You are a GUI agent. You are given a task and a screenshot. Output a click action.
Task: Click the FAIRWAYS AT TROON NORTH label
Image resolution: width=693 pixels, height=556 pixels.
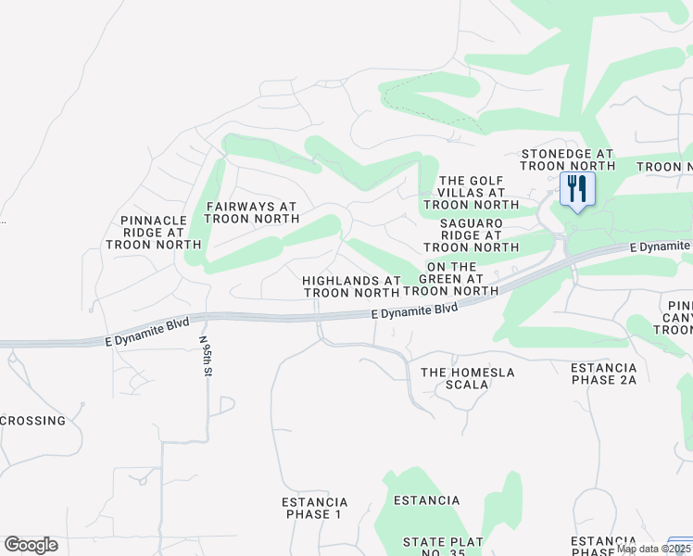click(251, 212)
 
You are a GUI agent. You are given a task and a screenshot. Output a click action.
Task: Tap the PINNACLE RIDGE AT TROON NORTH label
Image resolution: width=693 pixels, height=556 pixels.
click(154, 233)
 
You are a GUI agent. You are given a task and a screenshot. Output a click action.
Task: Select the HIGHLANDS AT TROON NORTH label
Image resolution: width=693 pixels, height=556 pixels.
click(352, 286)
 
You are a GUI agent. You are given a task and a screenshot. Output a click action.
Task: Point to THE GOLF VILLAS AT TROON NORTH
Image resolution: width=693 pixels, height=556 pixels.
click(471, 193)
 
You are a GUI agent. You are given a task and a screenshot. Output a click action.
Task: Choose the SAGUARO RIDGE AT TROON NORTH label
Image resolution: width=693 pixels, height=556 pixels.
click(471, 235)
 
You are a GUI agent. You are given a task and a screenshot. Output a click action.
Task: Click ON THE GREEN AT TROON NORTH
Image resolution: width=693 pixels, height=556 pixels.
click(452, 278)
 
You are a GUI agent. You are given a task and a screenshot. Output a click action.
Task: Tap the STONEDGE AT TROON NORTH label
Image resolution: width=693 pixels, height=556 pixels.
click(567, 159)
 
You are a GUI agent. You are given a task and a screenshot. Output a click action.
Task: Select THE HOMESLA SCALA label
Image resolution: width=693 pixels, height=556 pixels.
click(467, 378)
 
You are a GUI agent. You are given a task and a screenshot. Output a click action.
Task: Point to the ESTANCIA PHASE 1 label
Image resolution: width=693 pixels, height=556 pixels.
click(314, 508)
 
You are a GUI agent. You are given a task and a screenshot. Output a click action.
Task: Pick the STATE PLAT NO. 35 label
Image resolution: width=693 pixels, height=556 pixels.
click(443, 546)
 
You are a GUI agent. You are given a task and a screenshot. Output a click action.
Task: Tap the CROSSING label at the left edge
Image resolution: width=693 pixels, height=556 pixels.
click(33, 421)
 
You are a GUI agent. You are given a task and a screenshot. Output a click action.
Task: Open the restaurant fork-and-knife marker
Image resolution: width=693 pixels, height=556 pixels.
click(576, 190)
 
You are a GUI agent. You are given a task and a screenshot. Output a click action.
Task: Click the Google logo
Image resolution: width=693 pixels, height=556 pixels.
click(31, 545)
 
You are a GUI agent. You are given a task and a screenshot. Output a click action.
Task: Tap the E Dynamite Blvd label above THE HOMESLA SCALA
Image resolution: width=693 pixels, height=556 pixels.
click(414, 311)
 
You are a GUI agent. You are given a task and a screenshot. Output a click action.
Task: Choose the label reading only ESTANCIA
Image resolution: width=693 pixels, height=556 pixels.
click(426, 500)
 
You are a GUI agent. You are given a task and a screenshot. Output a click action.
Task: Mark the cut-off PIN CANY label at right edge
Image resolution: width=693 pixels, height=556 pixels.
click(679, 321)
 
